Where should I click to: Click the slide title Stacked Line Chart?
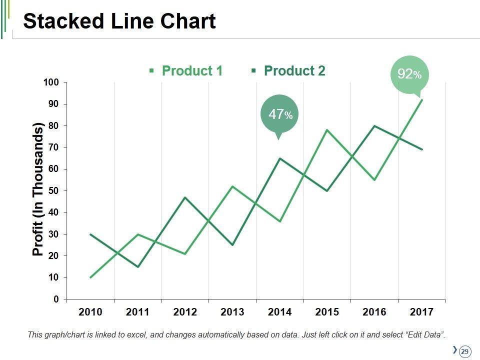(x=119, y=22)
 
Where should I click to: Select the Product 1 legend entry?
(x=191, y=71)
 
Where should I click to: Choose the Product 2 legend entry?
(x=294, y=71)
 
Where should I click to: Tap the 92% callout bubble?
(x=409, y=75)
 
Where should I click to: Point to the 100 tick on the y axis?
(x=50, y=82)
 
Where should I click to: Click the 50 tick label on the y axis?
(x=53, y=190)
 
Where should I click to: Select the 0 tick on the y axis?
(x=56, y=299)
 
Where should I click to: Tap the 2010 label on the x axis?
(x=90, y=312)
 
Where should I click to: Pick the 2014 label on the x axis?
(x=279, y=312)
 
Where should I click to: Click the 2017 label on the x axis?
(x=421, y=312)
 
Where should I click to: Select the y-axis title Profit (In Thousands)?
(x=38, y=189)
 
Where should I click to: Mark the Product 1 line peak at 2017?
(x=422, y=100)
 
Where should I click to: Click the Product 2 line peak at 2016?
(x=374, y=125)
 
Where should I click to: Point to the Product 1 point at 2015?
(x=327, y=130)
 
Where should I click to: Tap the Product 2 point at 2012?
(x=185, y=197)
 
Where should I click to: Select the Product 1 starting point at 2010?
(x=90, y=277)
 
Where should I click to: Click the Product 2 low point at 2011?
(x=137, y=266)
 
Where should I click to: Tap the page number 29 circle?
(x=464, y=351)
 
